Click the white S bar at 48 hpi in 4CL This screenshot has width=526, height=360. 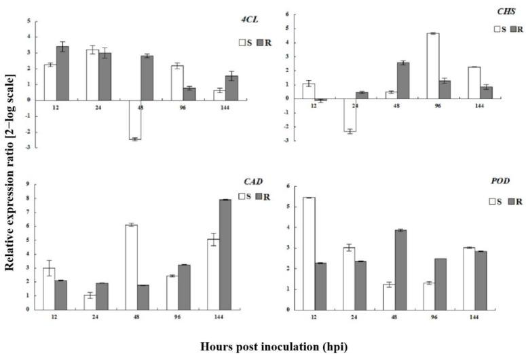point(134,120)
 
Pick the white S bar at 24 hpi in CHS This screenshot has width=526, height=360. point(350,115)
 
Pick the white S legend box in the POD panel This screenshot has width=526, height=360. point(494,202)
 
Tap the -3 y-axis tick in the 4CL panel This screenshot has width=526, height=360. point(28,147)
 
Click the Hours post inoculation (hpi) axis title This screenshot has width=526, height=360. point(274,346)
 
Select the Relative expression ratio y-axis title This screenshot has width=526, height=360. point(11,184)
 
